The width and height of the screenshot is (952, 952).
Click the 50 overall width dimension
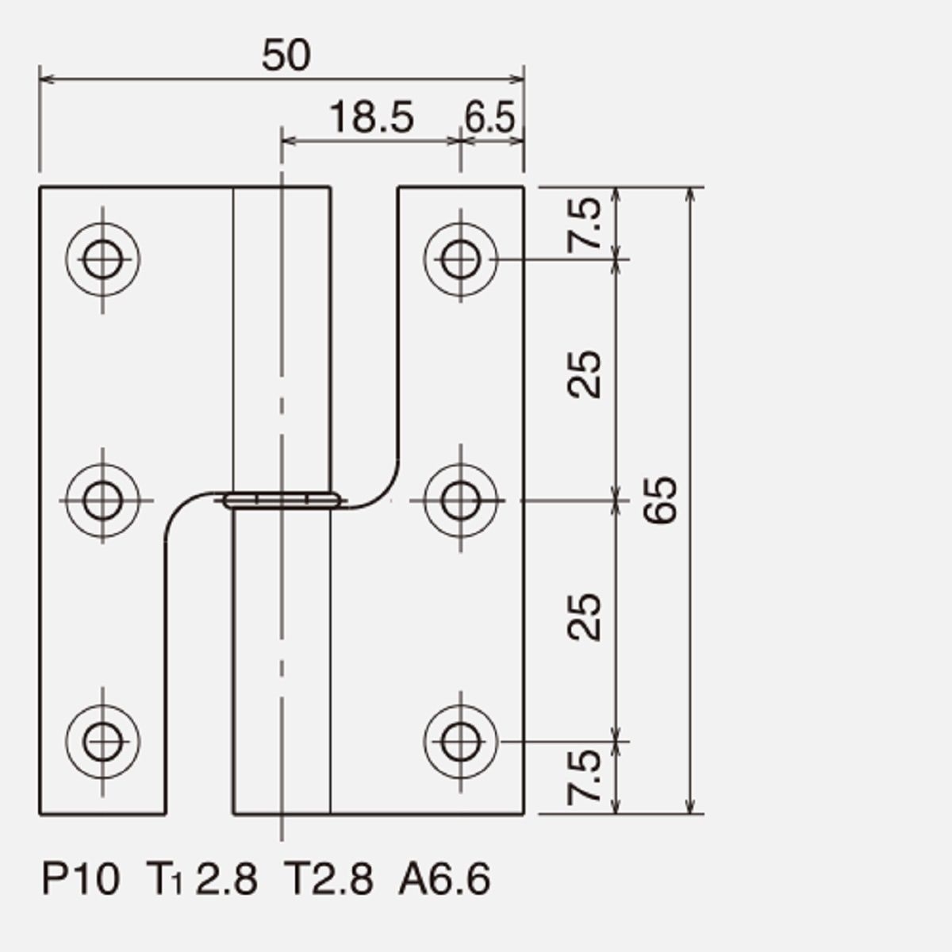tap(286, 56)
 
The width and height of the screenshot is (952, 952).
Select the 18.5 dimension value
tap(371, 117)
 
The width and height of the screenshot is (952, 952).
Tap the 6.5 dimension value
tap(489, 117)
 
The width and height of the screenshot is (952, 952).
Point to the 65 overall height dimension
tap(660, 500)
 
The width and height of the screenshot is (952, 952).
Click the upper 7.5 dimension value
tap(585, 225)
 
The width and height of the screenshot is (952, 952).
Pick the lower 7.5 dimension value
tap(585, 777)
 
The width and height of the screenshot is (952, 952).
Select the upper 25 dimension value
tap(585, 374)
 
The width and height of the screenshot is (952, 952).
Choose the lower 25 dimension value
tap(585, 617)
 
